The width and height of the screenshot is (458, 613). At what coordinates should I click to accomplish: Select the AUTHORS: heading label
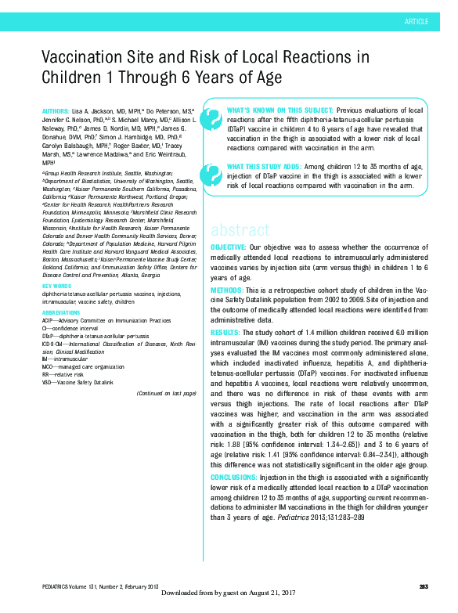(x=56, y=111)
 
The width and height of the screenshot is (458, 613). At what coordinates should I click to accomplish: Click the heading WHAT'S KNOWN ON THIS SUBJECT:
(x=267, y=110)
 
